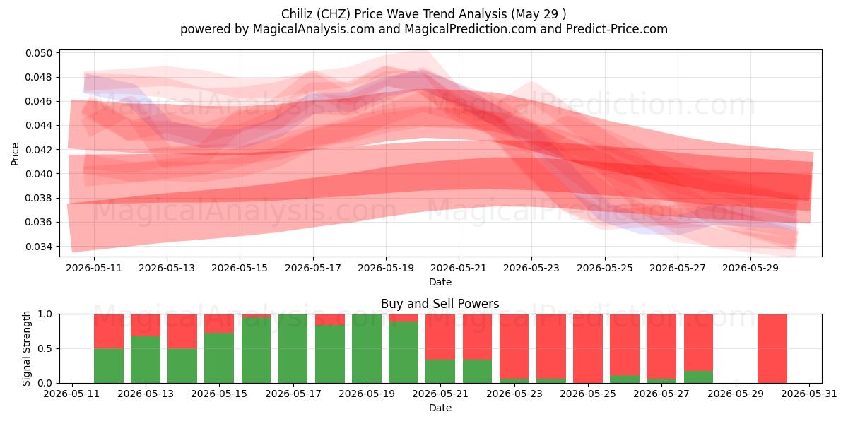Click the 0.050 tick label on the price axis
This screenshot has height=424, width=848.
(38, 53)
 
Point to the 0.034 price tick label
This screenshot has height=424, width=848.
(38, 247)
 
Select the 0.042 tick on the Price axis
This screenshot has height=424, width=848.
(38, 150)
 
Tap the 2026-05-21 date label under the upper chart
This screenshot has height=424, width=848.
(459, 268)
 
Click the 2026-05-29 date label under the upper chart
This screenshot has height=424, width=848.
(750, 268)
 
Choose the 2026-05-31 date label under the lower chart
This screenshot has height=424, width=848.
(809, 394)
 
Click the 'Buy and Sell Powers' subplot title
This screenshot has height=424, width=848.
(440, 304)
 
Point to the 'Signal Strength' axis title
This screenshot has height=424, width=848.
(26, 348)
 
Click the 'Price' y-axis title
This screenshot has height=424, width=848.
(15, 154)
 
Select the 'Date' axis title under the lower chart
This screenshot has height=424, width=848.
(440, 408)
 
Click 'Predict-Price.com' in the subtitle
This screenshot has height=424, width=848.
(617, 29)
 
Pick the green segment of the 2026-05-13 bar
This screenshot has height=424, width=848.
(146, 360)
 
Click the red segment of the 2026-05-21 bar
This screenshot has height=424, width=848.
(440, 337)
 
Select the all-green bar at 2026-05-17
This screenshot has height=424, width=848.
(293, 348)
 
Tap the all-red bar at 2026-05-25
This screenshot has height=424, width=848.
(587, 348)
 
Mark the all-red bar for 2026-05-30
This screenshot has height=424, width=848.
(772, 348)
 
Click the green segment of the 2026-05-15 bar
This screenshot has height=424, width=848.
(219, 358)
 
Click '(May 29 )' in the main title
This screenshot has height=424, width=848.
(538, 14)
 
